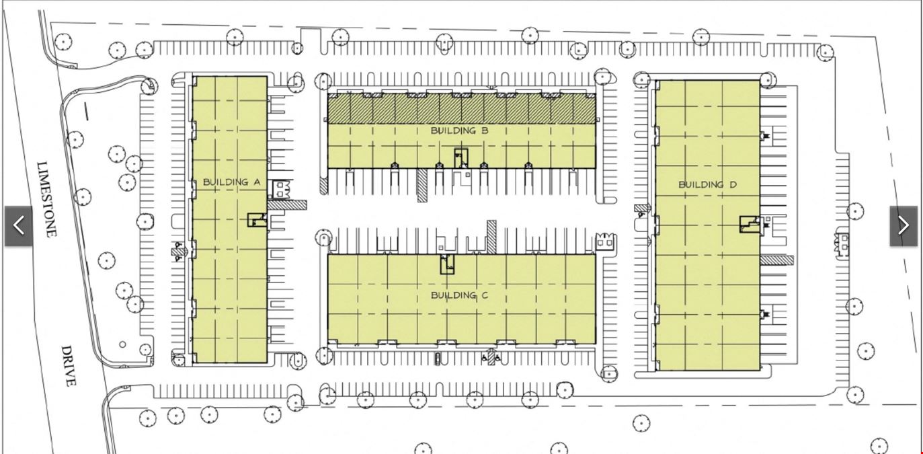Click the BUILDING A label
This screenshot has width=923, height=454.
click(x=231, y=182)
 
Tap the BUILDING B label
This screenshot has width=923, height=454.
click(x=459, y=130)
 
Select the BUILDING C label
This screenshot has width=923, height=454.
click(x=459, y=295)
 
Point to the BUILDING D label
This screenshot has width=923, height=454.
click(x=707, y=185)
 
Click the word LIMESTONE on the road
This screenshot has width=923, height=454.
click(x=46, y=199)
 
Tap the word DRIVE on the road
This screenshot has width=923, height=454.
click(x=69, y=366)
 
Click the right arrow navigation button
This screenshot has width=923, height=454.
click(x=904, y=225)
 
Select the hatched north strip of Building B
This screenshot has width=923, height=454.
click(x=461, y=109)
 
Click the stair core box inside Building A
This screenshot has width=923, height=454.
click(x=257, y=220)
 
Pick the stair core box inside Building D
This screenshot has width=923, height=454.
click(x=750, y=225)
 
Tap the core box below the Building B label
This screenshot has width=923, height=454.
click(x=461, y=158)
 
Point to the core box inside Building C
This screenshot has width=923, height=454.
click(x=447, y=264)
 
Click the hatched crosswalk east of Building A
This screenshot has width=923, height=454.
click(x=287, y=205)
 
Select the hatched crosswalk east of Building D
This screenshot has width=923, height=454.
click(x=776, y=260)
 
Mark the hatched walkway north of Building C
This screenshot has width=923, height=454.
click(x=491, y=237)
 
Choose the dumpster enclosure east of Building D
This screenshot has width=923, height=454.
click(x=841, y=244)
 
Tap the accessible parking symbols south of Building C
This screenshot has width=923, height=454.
click(x=491, y=357)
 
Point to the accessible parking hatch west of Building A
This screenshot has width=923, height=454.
click(x=178, y=252)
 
